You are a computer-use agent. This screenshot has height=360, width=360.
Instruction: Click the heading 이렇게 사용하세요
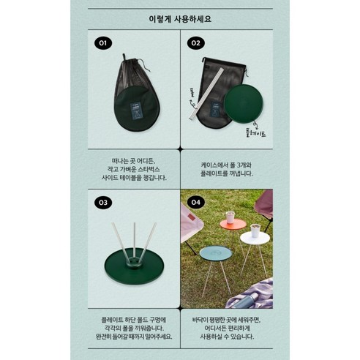click(180, 15)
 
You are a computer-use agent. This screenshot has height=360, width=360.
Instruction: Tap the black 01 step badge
click(103, 43)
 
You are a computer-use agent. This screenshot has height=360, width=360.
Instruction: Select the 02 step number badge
click(196, 43)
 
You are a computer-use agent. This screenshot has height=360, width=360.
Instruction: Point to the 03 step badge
click(103, 202)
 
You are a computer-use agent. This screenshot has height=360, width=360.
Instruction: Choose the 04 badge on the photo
click(196, 202)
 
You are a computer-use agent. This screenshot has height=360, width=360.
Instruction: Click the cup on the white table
click(254, 230)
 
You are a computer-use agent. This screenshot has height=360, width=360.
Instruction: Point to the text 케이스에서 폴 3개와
click(226, 165)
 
